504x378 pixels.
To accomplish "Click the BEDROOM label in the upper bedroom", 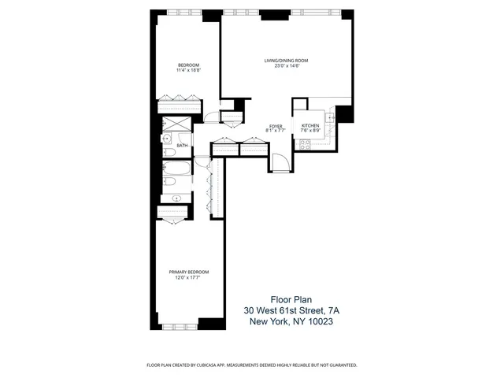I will (187, 65).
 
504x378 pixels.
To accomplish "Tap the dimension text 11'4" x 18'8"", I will (187, 70).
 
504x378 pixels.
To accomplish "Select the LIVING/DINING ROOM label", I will (285, 60).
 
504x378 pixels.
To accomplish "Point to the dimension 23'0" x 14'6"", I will (285, 65).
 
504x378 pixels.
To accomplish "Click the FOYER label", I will (276, 126).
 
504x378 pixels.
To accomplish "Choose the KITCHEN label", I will (309, 126).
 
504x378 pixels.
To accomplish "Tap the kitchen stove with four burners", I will (304, 143).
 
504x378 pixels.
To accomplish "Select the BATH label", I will (182, 146).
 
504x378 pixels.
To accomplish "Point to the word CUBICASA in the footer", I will (222, 365).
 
